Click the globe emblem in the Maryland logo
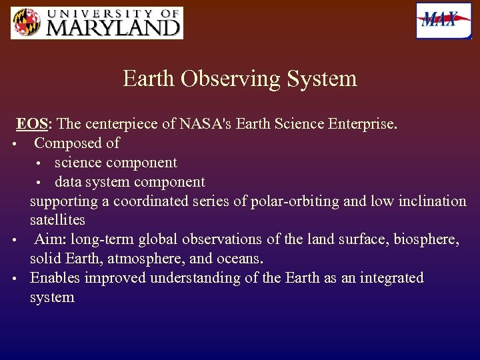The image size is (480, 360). click(26, 23)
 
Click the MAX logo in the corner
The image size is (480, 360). click(443, 21)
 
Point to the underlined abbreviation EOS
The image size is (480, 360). click(31, 124)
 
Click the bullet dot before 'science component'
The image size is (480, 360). click(39, 164)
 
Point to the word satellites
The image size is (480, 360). click(57, 220)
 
